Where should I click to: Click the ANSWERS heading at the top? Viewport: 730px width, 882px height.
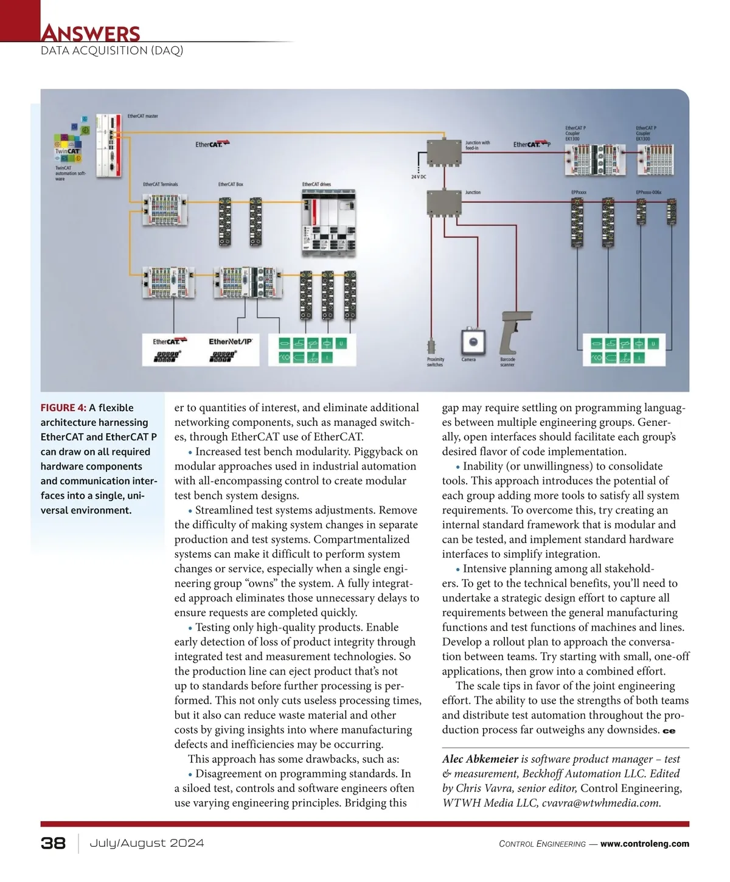pyautogui.click(x=90, y=33)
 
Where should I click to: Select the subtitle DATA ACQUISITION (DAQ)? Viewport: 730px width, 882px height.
pyautogui.click(x=112, y=50)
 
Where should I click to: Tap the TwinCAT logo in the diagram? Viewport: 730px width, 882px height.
pyautogui.click(x=68, y=151)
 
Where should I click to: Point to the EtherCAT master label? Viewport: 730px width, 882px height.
pyautogui.click(x=143, y=116)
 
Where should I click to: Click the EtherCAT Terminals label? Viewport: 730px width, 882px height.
pyautogui.click(x=161, y=184)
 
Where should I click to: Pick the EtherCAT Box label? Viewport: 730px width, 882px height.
pyautogui.click(x=231, y=184)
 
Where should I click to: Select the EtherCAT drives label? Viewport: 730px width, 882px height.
pyautogui.click(x=317, y=184)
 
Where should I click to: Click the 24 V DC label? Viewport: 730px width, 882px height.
pyautogui.click(x=419, y=176)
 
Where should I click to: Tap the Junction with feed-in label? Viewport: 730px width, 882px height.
pyautogui.click(x=478, y=145)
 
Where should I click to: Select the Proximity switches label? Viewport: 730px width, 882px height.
pyautogui.click(x=436, y=362)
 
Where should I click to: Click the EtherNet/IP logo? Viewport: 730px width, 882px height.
pyautogui.click(x=231, y=341)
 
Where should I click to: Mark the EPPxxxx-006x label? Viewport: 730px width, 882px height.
pyautogui.click(x=648, y=192)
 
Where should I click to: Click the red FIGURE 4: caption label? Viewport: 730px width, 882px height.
pyautogui.click(x=63, y=408)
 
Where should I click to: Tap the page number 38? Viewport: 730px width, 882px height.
pyautogui.click(x=53, y=843)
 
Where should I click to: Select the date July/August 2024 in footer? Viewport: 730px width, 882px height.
pyautogui.click(x=147, y=843)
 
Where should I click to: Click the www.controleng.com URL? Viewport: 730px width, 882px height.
pyautogui.click(x=645, y=844)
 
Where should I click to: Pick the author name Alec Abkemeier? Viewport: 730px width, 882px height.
pyautogui.click(x=480, y=759)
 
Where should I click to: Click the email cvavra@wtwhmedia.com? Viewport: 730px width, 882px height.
pyautogui.click(x=601, y=803)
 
